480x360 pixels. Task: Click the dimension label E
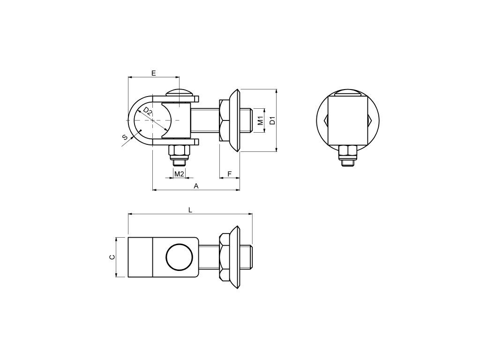coord(154,73)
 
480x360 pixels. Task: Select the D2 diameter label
coord(148,111)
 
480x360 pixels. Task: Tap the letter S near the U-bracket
coord(125,137)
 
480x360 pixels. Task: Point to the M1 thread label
coord(261,120)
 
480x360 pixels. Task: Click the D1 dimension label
coord(272,120)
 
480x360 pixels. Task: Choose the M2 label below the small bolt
coord(179,174)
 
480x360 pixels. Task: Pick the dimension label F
coord(230,174)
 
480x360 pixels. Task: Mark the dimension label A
coord(196,186)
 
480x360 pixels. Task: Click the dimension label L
coord(190,210)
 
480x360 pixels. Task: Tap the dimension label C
coord(112,257)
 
